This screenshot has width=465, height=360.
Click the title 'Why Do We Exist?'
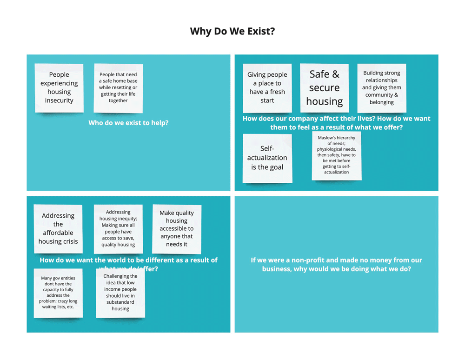tap(232, 32)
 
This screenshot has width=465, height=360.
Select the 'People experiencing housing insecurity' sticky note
tap(59, 87)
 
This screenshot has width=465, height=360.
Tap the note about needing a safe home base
tap(118, 87)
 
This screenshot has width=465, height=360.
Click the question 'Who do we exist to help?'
tap(128, 123)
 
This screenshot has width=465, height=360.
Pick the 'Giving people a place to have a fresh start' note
tap(267, 87)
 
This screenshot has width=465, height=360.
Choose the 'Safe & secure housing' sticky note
tap(324, 87)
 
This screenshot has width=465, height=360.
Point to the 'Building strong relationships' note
tap(381, 87)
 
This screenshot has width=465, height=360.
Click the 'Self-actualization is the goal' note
tap(267, 158)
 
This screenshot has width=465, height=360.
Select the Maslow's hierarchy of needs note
tap(336, 155)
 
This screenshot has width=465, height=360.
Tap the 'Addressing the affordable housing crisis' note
tap(58, 228)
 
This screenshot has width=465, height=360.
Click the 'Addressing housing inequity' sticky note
tap(118, 228)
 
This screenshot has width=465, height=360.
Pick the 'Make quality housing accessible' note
tap(177, 228)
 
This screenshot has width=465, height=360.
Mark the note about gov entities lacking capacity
tap(58, 293)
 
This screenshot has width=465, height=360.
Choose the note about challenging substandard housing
tap(120, 293)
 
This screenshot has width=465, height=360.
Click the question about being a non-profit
tap(336, 264)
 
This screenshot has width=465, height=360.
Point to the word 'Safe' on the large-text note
tap(319, 74)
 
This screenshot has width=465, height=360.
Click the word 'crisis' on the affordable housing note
tap(68, 241)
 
